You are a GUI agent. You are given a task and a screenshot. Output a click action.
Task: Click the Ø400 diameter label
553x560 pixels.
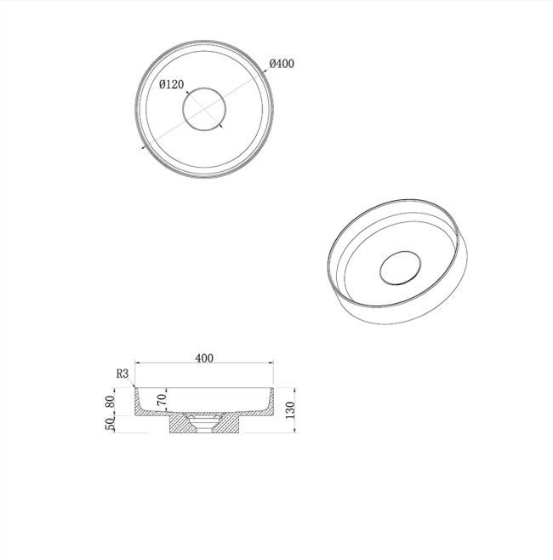(x=282, y=64)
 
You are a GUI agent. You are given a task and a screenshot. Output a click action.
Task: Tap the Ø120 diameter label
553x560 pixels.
(x=171, y=84)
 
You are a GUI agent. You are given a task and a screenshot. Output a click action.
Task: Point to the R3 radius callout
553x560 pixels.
(x=123, y=374)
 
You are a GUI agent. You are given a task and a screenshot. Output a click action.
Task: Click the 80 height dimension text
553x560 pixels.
(x=111, y=402)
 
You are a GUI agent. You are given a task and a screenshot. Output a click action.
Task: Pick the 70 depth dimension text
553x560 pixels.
(x=162, y=399)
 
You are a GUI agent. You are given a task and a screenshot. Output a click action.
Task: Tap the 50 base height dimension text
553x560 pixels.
(x=111, y=424)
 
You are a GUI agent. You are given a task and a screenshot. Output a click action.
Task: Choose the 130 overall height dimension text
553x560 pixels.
(x=290, y=410)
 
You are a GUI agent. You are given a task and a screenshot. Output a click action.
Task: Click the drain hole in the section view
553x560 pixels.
(x=204, y=425)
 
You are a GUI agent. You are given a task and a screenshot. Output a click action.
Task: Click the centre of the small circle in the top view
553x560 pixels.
(x=204, y=109)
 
